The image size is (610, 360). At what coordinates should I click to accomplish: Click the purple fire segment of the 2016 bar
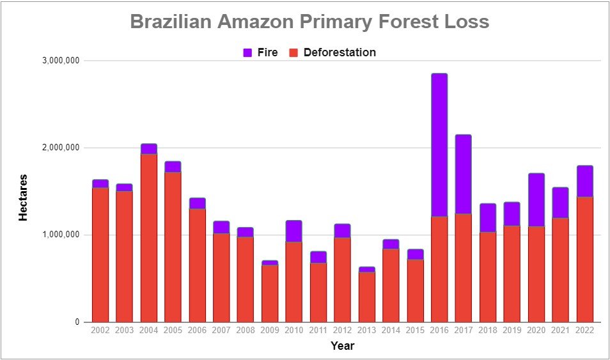pyautogui.click(x=439, y=145)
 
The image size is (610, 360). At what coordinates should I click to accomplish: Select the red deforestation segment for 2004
pyautogui.click(x=148, y=238)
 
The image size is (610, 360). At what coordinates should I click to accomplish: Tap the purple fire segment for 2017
pyautogui.click(x=464, y=175)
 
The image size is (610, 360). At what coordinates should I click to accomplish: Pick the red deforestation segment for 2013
pyautogui.click(x=367, y=297)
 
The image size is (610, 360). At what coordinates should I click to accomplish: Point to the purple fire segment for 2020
pyautogui.click(x=536, y=200)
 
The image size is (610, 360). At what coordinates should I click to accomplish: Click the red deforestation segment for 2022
pyautogui.click(x=584, y=260)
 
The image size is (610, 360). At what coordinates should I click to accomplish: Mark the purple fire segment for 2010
pyautogui.click(x=293, y=231)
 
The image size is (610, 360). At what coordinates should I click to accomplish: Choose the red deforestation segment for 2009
pyautogui.click(x=270, y=293)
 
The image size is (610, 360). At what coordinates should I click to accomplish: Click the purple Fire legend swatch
pyautogui.click(x=248, y=52)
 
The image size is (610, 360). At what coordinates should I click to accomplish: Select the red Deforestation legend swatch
pyautogui.click(x=293, y=52)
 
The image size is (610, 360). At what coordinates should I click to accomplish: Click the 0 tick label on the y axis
pyautogui.click(x=77, y=322)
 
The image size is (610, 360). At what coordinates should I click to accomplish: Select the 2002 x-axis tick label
pyautogui.click(x=100, y=331)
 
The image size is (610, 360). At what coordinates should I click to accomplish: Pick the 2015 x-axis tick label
pyautogui.click(x=415, y=331)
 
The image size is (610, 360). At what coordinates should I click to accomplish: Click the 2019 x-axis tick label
pyautogui.click(x=512, y=331)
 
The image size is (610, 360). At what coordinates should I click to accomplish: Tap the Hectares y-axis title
pyautogui.click(x=24, y=198)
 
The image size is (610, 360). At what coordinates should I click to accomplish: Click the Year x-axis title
pyautogui.click(x=342, y=345)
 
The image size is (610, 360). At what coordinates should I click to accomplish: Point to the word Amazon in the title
pyautogui.click(x=255, y=22)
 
